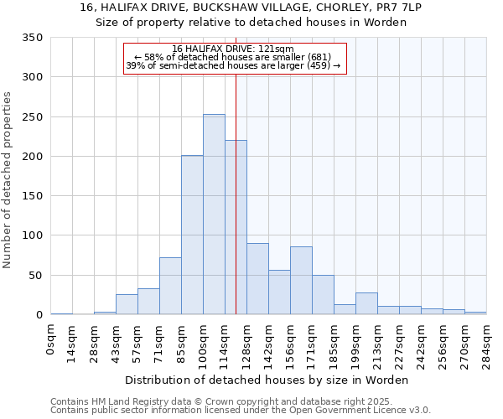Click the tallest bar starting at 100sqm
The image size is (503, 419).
coord(214,215)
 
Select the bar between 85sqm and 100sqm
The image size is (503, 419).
coord(192,235)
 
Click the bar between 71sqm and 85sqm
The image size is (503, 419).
coord(170,286)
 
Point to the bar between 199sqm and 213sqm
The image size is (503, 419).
coord(366,304)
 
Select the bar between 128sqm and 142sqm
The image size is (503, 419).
coord(257,279)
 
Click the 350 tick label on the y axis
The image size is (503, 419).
coord(32,38)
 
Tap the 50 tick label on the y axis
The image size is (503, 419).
coord(35,276)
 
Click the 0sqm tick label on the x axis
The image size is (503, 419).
coord(51,339)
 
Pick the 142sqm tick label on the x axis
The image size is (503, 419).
coord(269,343)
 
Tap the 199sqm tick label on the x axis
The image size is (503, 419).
coord(356,343)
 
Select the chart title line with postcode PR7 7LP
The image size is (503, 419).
coord(251,8)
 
